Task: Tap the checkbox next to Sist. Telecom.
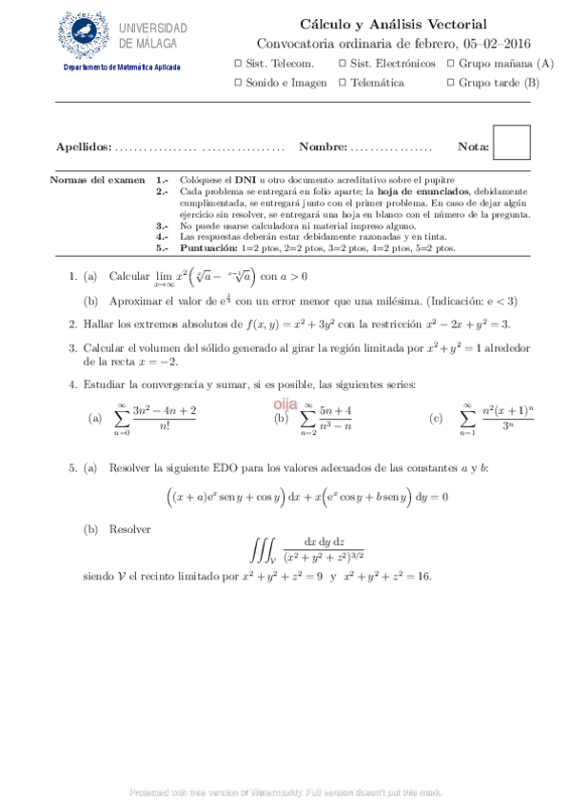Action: coord(238,64)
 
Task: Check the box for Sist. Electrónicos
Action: coord(343,64)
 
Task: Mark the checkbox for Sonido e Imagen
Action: coord(238,83)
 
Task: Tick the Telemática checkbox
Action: coord(343,83)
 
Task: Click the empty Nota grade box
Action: coord(513,143)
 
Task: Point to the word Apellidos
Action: coord(83,148)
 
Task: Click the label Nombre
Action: coord(322,148)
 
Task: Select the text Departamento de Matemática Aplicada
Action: coord(121,69)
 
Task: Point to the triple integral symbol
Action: coord(263,551)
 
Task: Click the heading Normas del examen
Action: coord(97,179)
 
